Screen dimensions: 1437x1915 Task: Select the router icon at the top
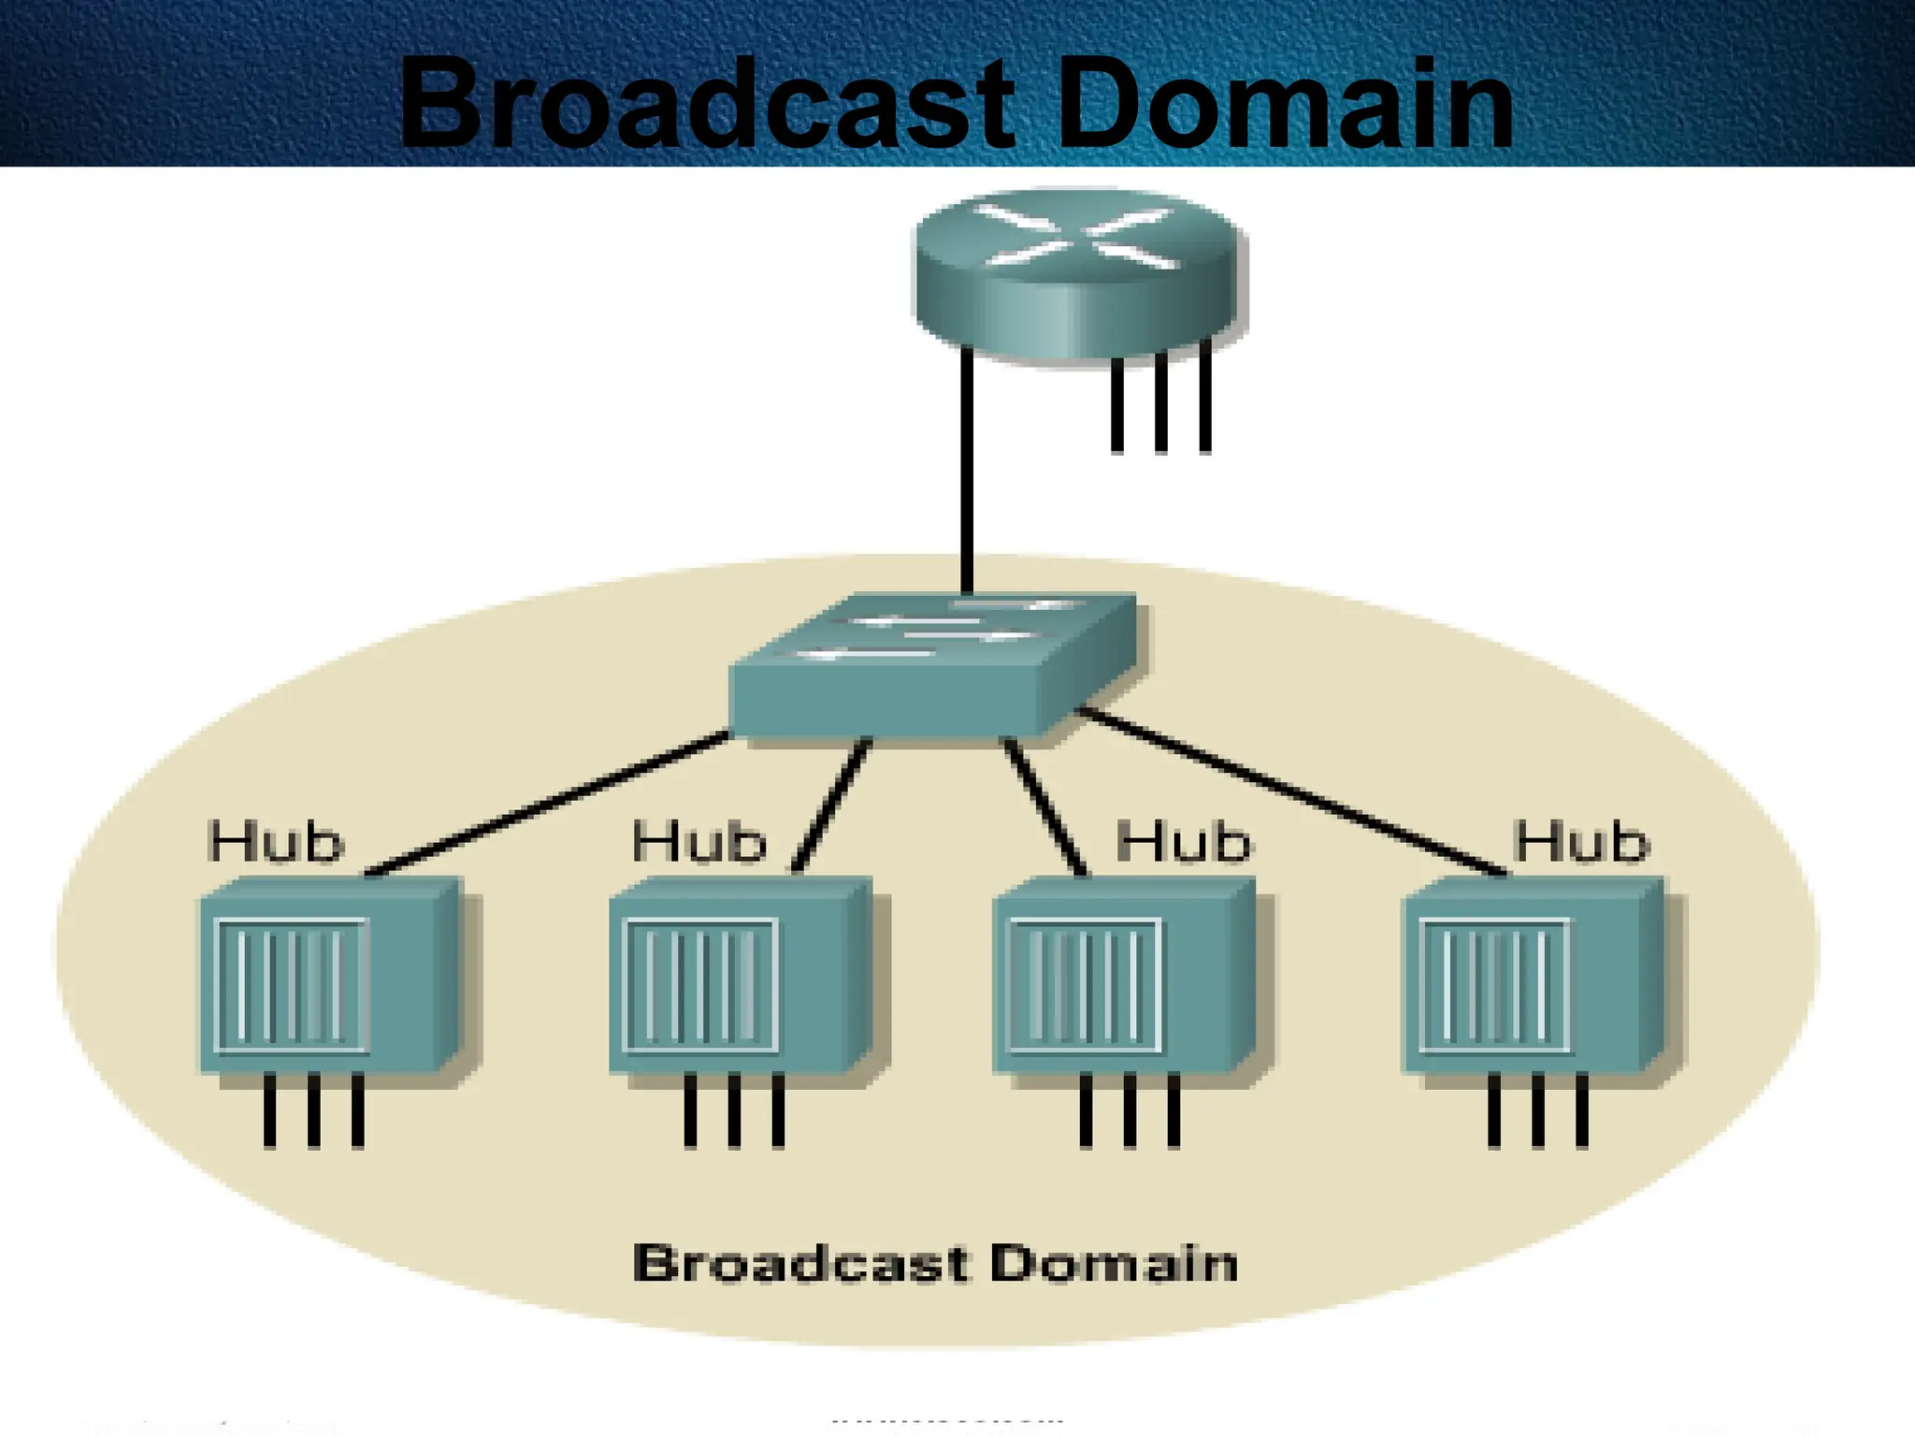[1078, 271]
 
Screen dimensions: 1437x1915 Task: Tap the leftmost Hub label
[276, 842]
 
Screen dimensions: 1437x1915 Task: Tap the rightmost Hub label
[1581, 842]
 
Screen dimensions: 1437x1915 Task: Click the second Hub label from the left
[699, 842]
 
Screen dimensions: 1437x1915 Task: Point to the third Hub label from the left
[1183, 842]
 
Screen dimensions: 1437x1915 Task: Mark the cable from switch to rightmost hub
[1290, 793]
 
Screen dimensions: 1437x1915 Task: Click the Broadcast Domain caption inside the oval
[935, 1263]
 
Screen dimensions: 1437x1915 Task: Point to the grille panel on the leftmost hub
[292, 985]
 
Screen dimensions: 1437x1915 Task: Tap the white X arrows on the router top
[1078, 236]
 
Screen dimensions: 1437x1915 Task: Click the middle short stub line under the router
[1160, 402]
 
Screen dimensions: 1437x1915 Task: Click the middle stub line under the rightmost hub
[1538, 1110]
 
